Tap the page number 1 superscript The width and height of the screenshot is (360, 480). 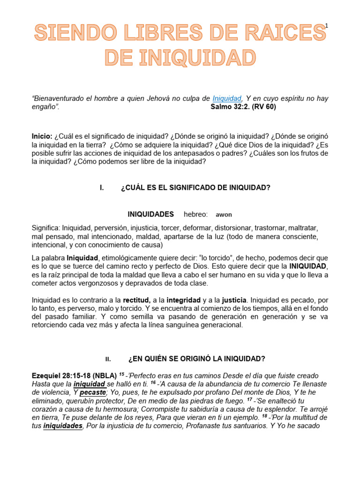(x=326, y=26)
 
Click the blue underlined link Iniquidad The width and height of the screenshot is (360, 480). (x=227, y=98)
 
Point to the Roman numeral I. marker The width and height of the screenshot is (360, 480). (x=102, y=187)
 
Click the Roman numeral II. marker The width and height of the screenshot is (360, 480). (x=108, y=360)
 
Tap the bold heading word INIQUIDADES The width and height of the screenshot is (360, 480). (x=150, y=214)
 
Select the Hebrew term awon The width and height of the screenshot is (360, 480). (x=224, y=215)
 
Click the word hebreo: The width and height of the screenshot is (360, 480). (x=195, y=214)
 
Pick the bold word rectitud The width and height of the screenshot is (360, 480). (x=136, y=300)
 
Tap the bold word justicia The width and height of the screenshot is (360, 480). (x=233, y=300)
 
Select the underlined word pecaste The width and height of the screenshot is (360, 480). (x=92, y=392)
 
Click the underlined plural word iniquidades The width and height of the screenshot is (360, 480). (x=63, y=426)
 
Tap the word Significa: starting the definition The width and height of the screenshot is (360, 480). (x=46, y=228)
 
